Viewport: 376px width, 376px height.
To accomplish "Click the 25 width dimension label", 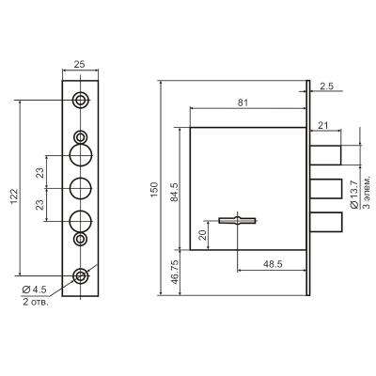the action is click(79, 64).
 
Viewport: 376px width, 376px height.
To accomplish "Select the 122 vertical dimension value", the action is click(14, 196).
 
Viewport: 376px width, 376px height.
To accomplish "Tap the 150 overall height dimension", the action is click(154, 189).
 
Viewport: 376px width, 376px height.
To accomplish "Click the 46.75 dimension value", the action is click(175, 272).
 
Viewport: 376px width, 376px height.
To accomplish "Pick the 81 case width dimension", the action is click(243, 102).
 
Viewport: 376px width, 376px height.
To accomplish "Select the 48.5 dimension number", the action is click(273, 264).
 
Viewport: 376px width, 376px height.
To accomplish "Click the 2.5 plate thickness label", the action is click(327, 86).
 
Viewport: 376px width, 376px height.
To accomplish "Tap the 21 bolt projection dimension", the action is click(323, 126).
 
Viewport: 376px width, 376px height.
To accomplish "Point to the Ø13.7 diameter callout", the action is click(354, 195).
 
